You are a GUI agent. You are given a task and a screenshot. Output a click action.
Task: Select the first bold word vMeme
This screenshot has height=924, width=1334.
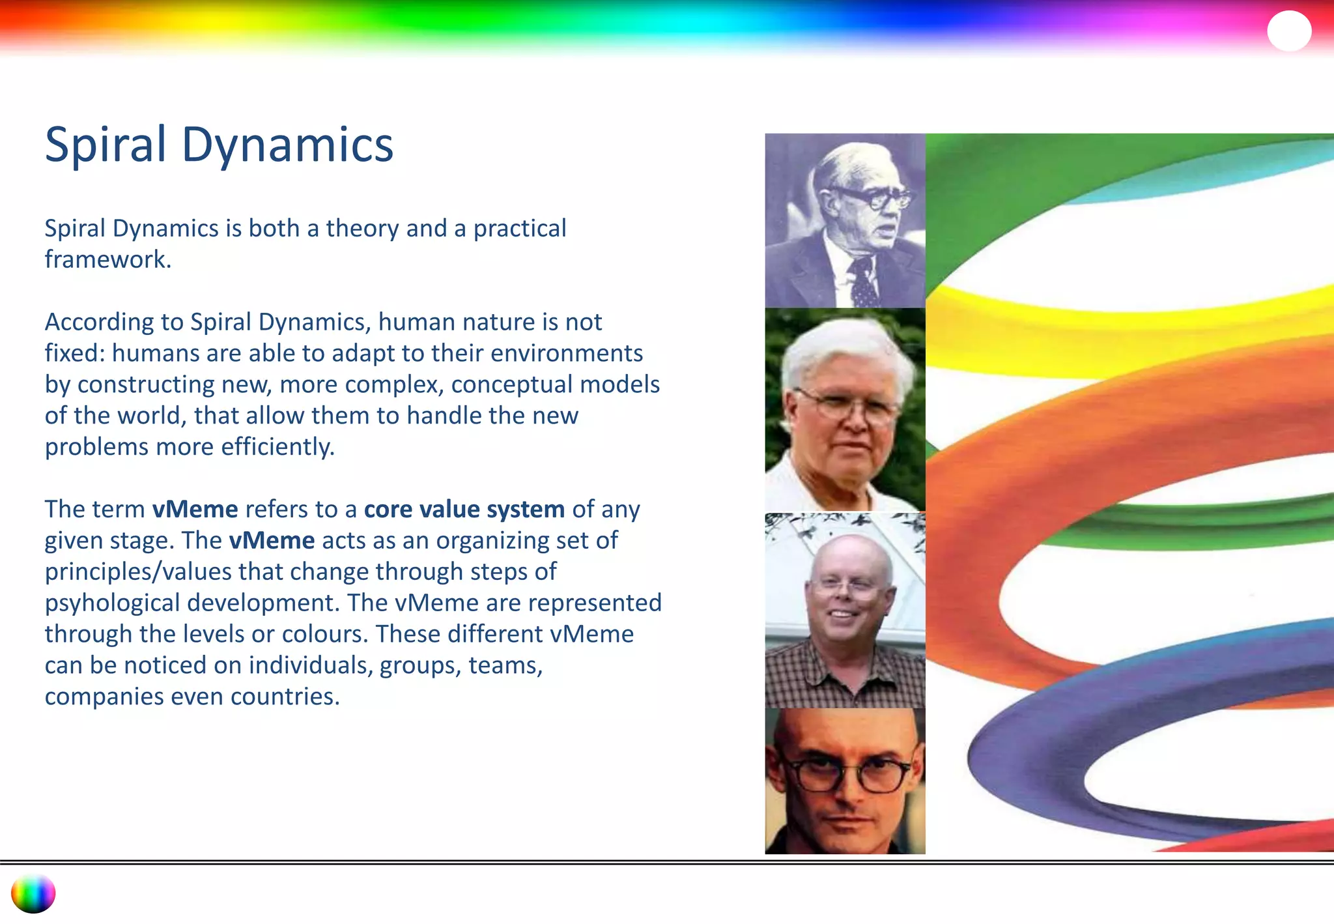pyautogui.click(x=195, y=509)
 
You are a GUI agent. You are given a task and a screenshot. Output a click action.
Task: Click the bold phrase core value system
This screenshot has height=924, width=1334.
pyautogui.click(x=464, y=509)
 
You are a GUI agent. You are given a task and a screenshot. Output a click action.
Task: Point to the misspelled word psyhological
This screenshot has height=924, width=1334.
pyautogui.click(x=111, y=603)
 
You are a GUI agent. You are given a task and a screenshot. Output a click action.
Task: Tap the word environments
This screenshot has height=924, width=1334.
pyautogui.click(x=566, y=353)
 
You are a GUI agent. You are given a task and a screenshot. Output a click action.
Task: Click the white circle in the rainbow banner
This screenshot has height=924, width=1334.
pyautogui.click(x=1288, y=31)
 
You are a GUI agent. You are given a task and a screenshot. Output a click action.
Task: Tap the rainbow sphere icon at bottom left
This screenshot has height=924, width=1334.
pyautogui.click(x=33, y=893)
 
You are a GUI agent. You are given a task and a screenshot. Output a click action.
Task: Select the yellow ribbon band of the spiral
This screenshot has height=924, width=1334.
pyautogui.click(x=1107, y=326)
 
